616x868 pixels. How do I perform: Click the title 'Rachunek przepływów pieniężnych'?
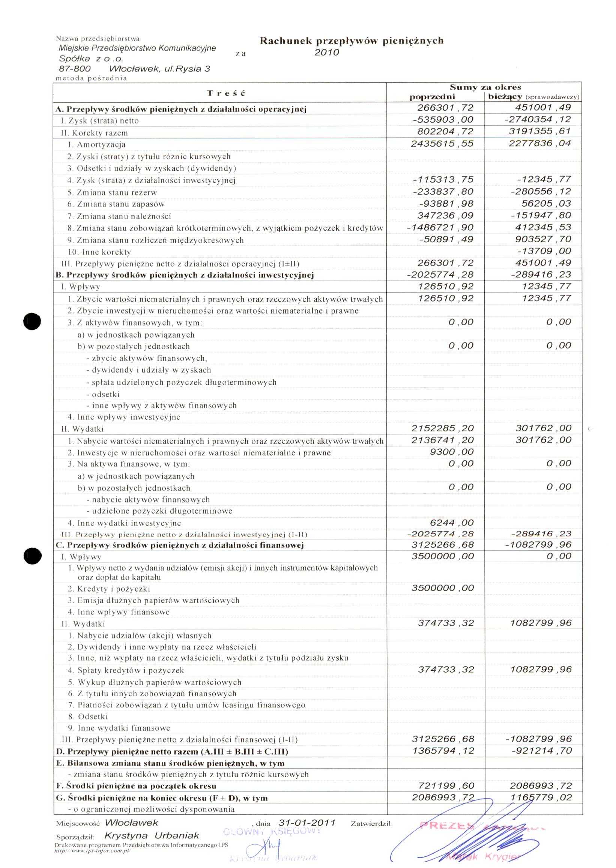[x=351, y=41]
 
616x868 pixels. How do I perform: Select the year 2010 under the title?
[x=327, y=53]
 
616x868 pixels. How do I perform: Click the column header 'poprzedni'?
[x=432, y=97]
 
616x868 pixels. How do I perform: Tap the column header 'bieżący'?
[x=505, y=97]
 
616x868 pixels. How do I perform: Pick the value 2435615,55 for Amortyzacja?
[x=442, y=144]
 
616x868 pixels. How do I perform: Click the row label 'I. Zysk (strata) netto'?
[x=100, y=121]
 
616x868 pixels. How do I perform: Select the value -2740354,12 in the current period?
[x=538, y=119]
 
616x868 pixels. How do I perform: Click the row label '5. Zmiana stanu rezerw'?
[x=112, y=192]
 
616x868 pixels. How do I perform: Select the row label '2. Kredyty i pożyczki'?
[x=109, y=589]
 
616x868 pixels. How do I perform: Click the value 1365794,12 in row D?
[x=443, y=751]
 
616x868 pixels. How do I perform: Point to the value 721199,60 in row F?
[x=446, y=786]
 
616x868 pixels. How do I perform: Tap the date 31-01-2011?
[x=307, y=823]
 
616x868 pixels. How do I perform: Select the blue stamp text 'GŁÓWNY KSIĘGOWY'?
[x=272, y=831]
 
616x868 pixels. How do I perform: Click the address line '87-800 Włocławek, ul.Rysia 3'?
[x=134, y=69]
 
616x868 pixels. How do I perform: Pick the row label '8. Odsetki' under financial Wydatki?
[x=88, y=716]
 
